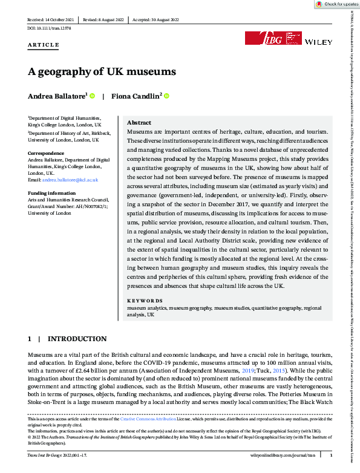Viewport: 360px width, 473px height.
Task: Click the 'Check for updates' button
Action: [x=336, y=4]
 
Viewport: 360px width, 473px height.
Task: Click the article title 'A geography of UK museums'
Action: [x=102, y=71]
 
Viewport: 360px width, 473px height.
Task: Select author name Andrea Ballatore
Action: [x=57, y=96]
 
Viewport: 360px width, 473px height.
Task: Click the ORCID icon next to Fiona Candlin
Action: [x=167, y=96]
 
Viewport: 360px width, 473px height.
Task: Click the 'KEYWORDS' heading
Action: [x=145, y=301]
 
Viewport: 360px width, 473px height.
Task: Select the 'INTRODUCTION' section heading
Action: [x=77, y=339]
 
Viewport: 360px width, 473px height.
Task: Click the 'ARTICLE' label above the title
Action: [x=43, y=45]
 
